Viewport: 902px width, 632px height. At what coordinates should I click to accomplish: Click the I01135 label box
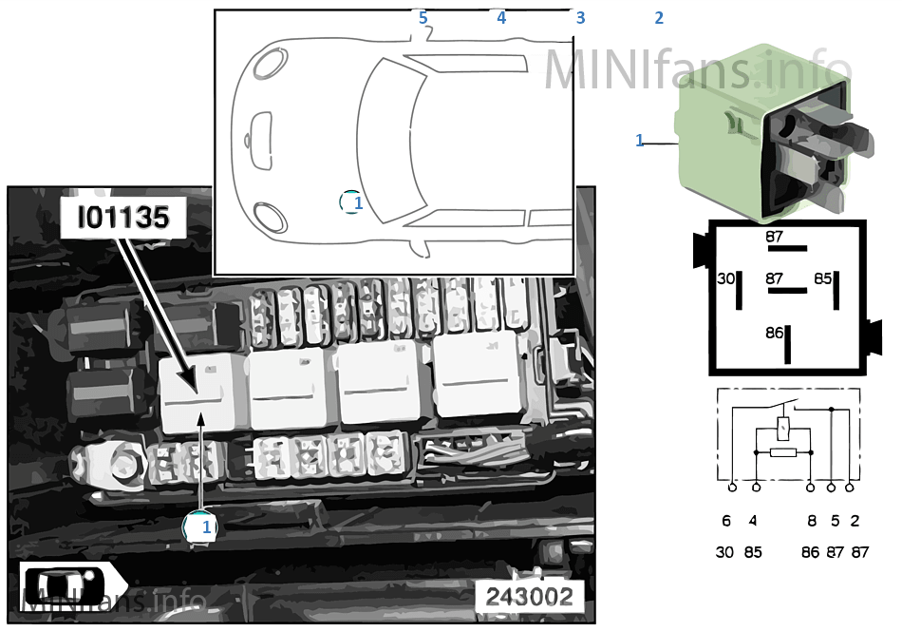click(x=123, y=218)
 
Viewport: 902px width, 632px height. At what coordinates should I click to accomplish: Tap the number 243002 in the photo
click(x=529, y=596)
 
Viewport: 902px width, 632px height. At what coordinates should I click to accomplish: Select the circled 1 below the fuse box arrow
click(x=200, y=527)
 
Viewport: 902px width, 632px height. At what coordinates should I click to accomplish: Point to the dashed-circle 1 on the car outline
click(x=351, y=202)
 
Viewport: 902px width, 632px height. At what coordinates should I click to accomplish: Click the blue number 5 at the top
click(x=423, y=18)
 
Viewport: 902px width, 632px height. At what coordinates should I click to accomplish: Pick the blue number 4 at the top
click(x=501, y=18)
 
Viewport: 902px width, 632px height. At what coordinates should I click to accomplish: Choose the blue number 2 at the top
click(x=659, y=18)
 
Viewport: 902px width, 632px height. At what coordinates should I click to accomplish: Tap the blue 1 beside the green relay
click(x=640, y=140)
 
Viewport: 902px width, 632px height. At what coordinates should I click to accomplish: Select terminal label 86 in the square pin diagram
click(x=774, y=333)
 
